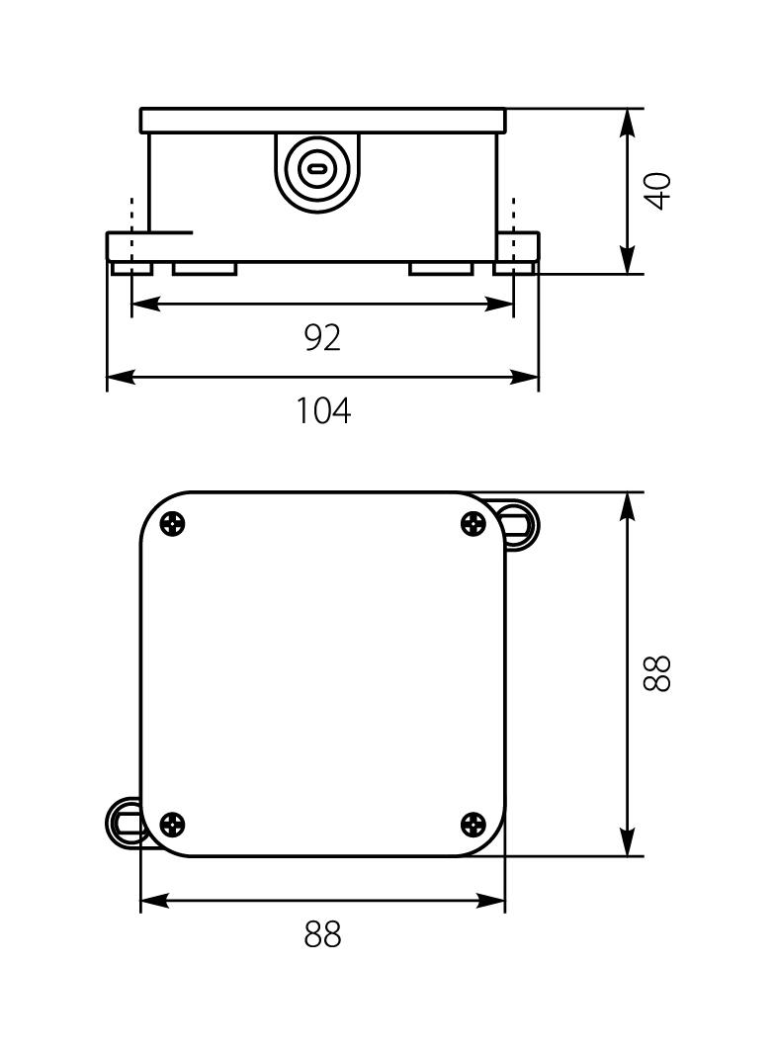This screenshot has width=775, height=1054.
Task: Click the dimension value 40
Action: [x=658, y=190]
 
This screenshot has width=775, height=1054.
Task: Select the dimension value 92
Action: [x=322, y=338]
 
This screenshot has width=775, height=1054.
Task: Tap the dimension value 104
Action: [x=323, y=409]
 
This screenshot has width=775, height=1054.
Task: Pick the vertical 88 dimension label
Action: [x=658, y=673]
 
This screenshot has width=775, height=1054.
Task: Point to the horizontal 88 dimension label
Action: [x=322, y=934]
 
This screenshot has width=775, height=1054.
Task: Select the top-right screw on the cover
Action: [x=474, y=524]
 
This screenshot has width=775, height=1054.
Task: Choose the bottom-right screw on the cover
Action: [x=474, y=823]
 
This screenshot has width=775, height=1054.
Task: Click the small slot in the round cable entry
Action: [x=316, y=169]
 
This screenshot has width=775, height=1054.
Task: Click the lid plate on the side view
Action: [x=322, y=121]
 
